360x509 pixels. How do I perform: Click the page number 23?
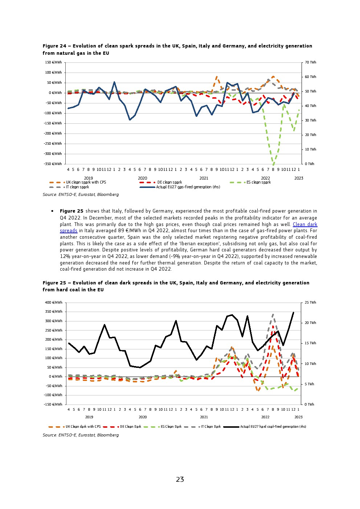click(x=180, y=480)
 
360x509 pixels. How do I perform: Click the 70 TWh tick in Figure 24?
click(x=310, y=62)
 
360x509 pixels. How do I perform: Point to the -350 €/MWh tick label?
click(x=53, y=164)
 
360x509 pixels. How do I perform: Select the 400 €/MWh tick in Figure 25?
click(x=53, y=303)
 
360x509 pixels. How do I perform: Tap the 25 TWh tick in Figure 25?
click(x=310, y=303)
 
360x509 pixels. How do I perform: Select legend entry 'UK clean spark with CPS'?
click(x=86, y=182)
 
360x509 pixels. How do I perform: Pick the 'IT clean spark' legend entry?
click(x=77, y=187)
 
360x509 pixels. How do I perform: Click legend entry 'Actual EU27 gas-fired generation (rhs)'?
click(x=188, y=187)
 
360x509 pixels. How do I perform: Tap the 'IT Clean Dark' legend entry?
click(x=211, y=427)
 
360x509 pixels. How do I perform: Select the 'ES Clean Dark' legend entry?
click(x=171, y=427)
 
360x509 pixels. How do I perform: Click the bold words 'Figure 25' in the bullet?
click(x=71, y=211)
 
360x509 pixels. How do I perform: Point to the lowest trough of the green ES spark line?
click(x=273, y=165)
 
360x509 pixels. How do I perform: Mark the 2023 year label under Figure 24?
click(x=299, y=178)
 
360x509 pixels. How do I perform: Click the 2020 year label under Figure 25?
click(x=143, y=417)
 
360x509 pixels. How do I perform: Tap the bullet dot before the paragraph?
click(x=53, y=211)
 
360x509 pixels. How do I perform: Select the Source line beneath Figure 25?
click(x=81, y=435)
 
